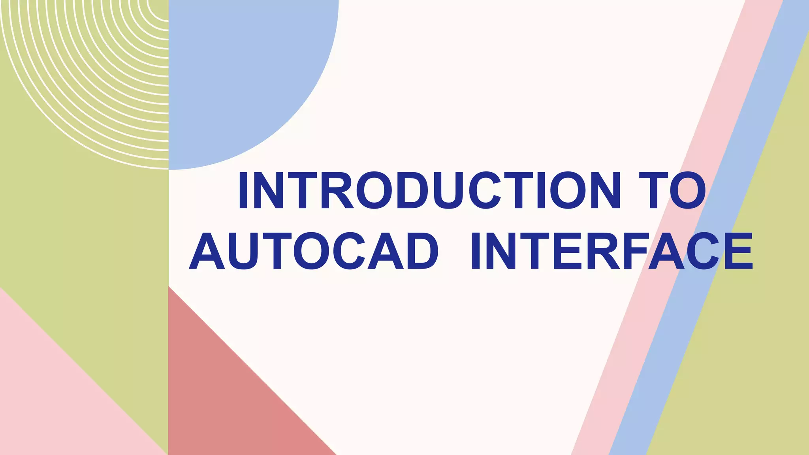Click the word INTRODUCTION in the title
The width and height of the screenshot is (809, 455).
[x=429, y=190]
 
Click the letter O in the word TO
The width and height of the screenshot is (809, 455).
[x=688, y=190]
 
